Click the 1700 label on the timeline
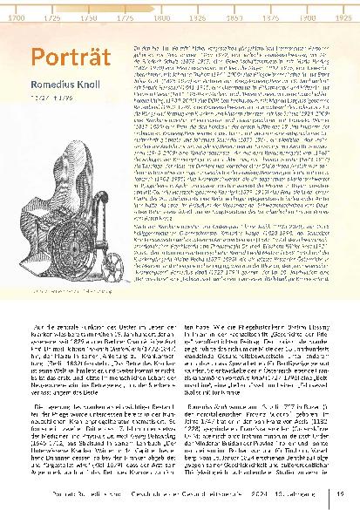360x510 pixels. (16, 17)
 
